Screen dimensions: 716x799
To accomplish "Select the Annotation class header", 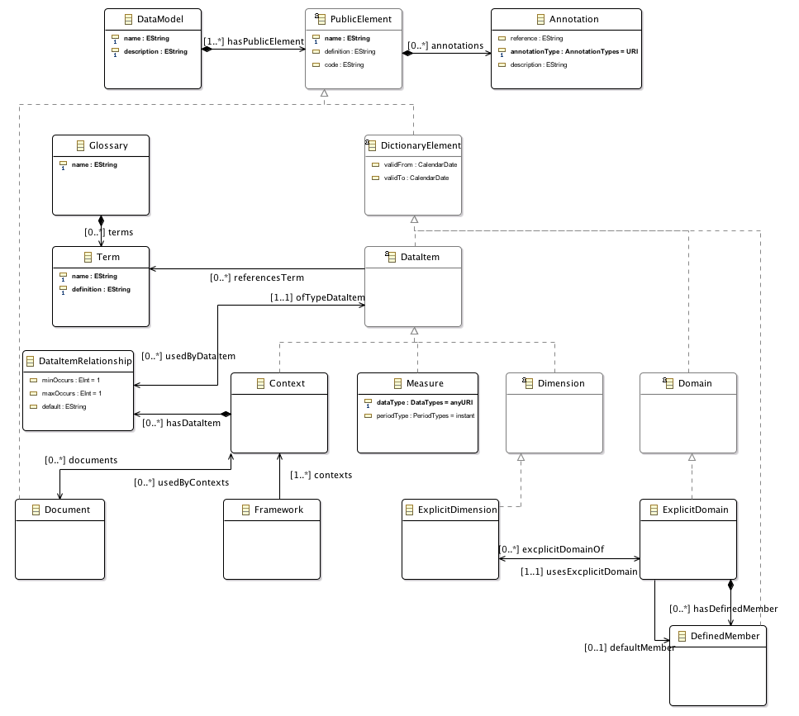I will [573, 19].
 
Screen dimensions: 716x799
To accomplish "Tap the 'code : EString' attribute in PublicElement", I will [342, 64].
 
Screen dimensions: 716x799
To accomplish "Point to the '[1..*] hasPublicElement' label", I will [254, 40].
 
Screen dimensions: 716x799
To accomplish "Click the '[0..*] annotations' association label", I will [445, 45].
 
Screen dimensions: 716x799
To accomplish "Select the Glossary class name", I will [108, 145].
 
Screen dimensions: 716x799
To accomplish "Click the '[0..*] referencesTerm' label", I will [256, 278].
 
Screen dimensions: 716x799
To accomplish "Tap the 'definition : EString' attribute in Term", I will [100, 289].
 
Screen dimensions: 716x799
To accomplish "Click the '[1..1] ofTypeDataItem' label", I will [317, 297].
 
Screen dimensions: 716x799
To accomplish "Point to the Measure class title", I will [425, 383].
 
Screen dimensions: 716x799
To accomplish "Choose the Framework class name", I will [278, 510].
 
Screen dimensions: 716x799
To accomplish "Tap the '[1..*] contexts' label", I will [321, 475].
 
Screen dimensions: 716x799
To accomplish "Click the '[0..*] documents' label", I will [81, 460].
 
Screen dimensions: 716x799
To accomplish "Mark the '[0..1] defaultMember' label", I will [630, 647].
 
